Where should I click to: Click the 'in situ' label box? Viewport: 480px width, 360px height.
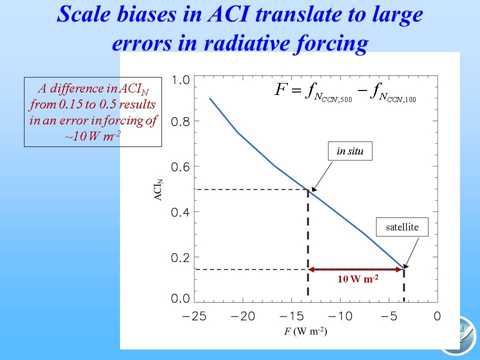point(350,151)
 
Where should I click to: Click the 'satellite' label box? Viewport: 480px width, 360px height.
point(402,227)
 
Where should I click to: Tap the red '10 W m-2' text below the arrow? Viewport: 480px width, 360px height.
point(358,278)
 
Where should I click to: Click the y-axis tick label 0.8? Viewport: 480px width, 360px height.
point(180,122)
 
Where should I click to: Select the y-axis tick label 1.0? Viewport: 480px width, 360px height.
point(180,80)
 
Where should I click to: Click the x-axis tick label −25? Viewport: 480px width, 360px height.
point(194,316)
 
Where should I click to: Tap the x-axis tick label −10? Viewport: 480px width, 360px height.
point(340,316)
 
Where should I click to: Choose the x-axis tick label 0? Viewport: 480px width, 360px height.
point(437,316)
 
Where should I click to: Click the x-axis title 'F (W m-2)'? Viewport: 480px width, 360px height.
point(305,331)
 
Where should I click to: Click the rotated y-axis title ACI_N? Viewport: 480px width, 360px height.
point(158,190)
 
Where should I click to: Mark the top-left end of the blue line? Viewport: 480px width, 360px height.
point(210,98)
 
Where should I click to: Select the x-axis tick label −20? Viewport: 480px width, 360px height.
point(243,316)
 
